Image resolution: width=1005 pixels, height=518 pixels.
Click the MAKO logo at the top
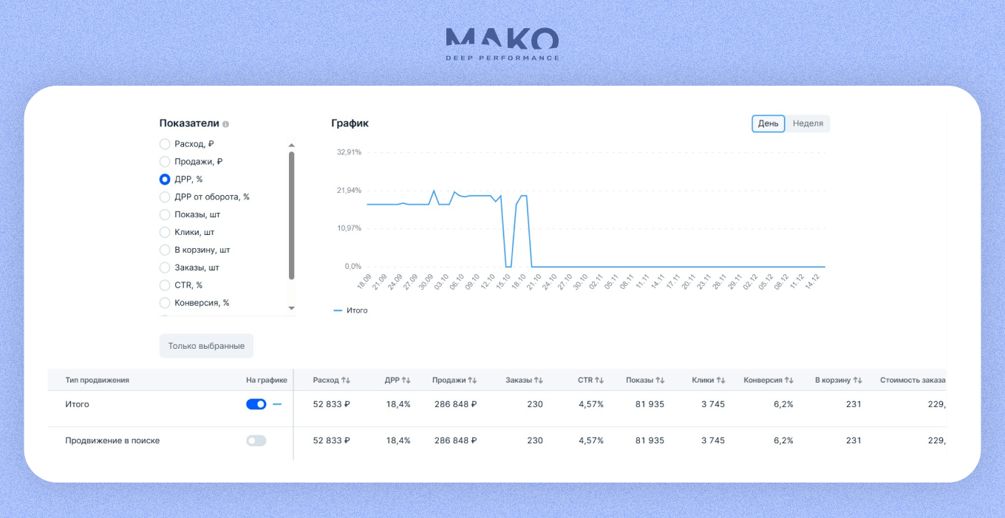point(502,44)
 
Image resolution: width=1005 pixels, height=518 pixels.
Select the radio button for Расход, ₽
point(165,144)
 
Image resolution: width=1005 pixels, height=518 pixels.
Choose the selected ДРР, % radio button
point(165,179)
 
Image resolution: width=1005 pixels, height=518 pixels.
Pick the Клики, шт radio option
point(165,232)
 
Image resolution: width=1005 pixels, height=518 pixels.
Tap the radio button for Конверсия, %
point(165,303)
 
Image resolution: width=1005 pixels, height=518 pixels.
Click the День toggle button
point(768,123)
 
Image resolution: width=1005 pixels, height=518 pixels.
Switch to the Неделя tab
point(808,123)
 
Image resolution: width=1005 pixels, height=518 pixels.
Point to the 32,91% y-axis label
point(349,152)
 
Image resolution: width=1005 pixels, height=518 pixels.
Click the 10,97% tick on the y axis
point(349,228)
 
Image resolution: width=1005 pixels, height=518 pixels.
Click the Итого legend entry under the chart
point(351,311)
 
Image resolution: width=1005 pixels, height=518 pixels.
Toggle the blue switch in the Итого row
point(256,404)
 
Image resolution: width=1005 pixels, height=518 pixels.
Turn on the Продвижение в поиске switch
point(256,440)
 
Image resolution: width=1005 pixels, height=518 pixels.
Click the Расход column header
point(325,380)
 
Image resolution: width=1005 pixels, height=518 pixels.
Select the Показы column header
point(639,380)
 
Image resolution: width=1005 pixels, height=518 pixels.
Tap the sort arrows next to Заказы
point(538,380)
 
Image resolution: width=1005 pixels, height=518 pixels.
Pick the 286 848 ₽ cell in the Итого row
point(455,404)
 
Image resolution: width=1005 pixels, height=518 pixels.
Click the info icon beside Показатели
point(225,124)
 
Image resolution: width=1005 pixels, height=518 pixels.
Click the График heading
point(350,123)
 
